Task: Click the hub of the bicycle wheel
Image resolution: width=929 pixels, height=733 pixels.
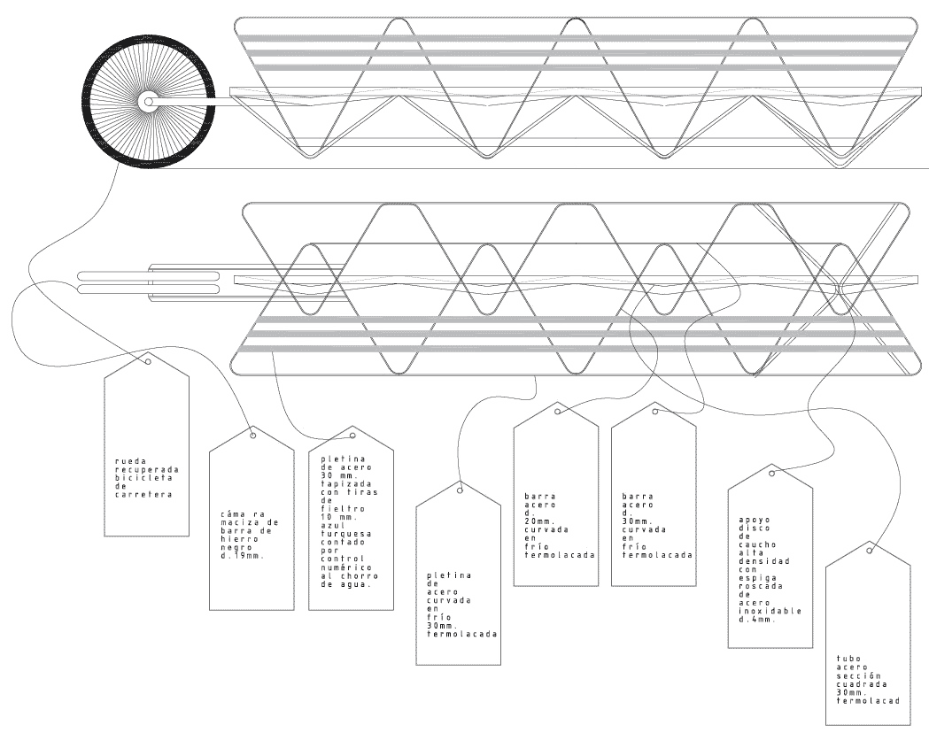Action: point(148,102)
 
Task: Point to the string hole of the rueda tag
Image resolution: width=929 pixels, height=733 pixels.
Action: point(148,361)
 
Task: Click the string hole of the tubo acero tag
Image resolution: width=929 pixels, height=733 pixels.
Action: point(869,551)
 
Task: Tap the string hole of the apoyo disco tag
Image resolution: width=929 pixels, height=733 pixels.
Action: point(771,473)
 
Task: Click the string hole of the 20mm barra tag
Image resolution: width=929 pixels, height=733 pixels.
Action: point(557,412)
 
